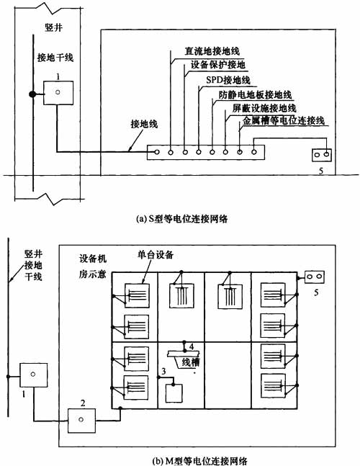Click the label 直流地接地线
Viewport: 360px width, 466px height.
212,51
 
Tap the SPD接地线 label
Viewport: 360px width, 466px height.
228,80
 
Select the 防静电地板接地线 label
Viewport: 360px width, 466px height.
255,94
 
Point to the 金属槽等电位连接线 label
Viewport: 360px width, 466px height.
284,120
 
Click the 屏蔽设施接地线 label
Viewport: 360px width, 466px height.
264,107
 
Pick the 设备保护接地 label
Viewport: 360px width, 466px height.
218,65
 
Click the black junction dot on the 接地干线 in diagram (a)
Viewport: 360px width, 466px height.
32,94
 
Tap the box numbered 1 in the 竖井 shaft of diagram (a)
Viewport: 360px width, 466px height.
58,93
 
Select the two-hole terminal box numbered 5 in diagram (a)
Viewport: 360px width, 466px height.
322,155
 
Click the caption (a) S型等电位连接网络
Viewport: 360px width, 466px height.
181,219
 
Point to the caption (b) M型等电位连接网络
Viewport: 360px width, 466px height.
199,461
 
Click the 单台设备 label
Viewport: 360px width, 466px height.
155,254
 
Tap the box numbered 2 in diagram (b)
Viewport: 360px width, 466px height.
81,421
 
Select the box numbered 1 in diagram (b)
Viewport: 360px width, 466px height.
33,375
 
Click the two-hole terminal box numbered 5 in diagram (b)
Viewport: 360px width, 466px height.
314,277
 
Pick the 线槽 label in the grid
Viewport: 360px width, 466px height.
190,362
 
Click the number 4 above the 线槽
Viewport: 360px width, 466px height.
192,346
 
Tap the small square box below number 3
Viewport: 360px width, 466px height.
174,393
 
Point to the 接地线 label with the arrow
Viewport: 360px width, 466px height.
144,124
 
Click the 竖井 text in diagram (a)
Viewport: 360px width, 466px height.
54,27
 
